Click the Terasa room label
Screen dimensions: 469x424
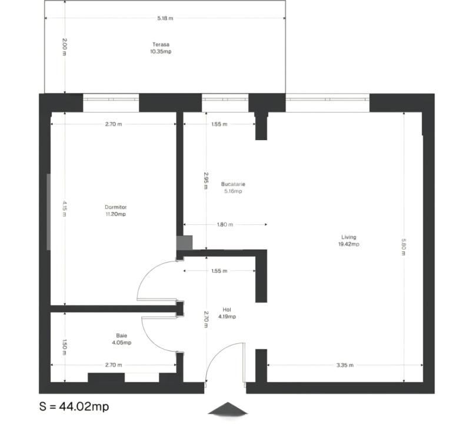tap(161, 45)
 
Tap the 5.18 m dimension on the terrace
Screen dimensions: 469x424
tap(165, 18)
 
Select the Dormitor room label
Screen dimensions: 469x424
tap(116, 207)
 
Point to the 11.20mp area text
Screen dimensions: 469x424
tap(116, 214)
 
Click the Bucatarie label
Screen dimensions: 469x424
tap(233, 184)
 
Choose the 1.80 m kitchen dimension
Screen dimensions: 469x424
tap(225, 224)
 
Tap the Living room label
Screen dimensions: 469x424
tap(349, 237)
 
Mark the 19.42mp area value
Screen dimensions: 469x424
tap(349, 244)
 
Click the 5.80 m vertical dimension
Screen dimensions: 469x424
tap(403, 247)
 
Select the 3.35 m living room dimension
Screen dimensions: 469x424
tap(345, 365)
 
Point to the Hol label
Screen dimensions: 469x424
tap(227, 310)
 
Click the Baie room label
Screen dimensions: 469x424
tap(122, 336)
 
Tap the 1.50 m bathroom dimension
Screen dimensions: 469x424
tap(64, 347)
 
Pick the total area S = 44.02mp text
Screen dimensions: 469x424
tap(74, 406)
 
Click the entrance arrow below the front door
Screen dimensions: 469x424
tap(228, 409)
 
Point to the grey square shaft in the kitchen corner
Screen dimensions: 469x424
tap(184, 243)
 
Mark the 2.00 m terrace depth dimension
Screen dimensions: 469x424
tap(64, 47)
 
